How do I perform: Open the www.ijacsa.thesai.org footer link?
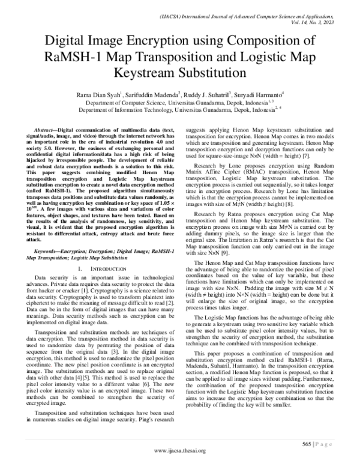click(x=180, y=451)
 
